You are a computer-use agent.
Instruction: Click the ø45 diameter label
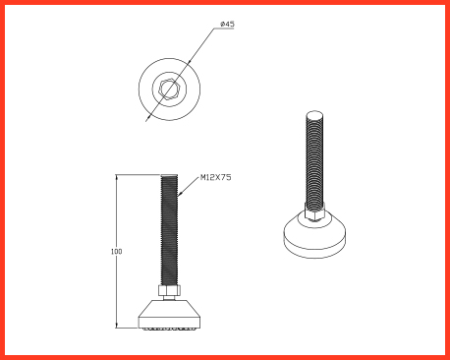click(227, 24)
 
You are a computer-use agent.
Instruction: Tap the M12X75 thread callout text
click(215, 177)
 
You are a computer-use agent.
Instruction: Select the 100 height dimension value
click(116, 252)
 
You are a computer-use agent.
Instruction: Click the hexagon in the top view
click(169, 89)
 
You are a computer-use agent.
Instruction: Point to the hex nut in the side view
click(169, 290)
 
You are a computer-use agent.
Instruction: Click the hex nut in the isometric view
click(314, 212)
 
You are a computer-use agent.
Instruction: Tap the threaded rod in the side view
click(169, 229)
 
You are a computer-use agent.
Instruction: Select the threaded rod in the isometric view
click(314, 160)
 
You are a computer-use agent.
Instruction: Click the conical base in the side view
click(169, 313)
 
